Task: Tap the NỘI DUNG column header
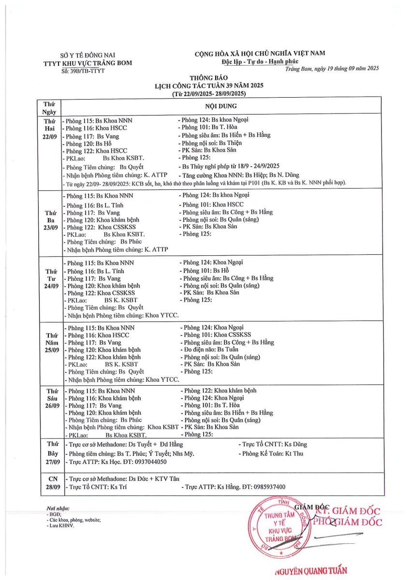223,105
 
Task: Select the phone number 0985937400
266,487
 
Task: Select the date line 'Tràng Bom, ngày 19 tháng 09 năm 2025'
331,68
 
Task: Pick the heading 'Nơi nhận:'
58,509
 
